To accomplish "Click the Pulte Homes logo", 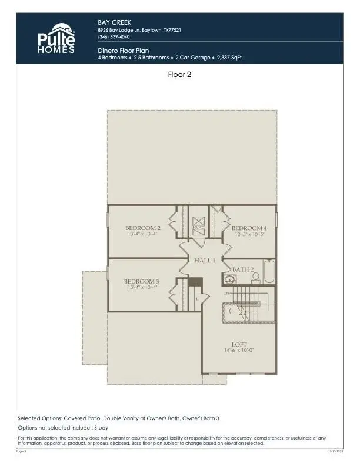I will [56, 39].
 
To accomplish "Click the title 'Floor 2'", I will [179, 75].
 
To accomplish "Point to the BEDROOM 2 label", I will [142, 228].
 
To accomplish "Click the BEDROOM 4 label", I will [249, 228].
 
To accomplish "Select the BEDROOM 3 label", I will [141, 281].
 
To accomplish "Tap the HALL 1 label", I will [205, 259].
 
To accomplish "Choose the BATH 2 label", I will [243, 269].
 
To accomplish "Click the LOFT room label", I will [239, 344].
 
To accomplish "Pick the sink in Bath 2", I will [228, 280].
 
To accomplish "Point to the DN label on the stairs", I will [226, 292].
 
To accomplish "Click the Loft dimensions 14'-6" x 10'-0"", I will [239, 351].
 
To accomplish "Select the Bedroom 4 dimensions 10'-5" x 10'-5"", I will [249, 234].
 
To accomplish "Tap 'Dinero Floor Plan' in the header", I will [124, 51].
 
